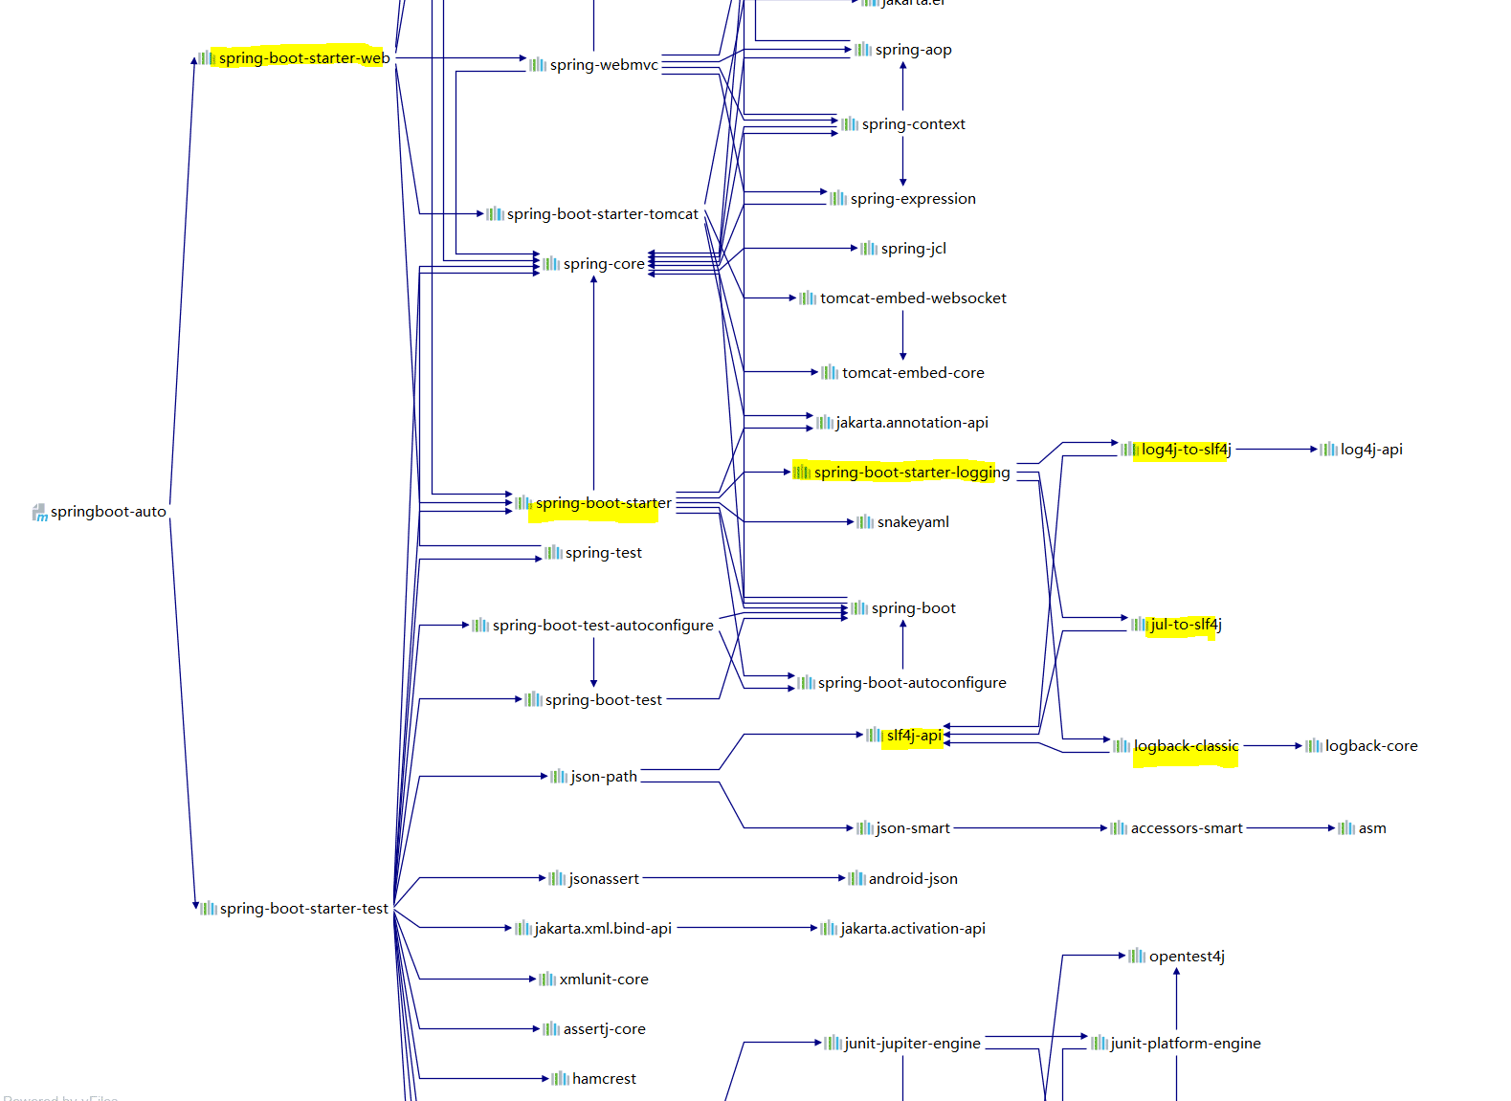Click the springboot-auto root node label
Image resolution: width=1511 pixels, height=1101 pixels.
point(107,512)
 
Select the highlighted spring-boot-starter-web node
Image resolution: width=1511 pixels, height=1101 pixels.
point(303,58)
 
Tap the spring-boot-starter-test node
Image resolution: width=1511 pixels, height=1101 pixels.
point(303,909)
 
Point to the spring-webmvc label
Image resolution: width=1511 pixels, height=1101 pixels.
point(604,65)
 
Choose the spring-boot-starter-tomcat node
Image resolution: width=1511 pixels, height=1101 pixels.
point(602,214)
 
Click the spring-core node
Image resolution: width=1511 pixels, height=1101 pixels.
point(603,264)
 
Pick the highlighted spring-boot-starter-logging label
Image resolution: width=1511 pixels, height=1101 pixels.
point(911,473)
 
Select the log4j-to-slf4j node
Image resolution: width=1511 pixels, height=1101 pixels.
point(1186,450)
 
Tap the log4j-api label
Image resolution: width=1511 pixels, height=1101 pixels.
point(1370,450)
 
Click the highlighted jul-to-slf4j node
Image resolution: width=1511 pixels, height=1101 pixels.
point(1186,625)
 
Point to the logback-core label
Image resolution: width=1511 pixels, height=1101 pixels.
point(1370,746)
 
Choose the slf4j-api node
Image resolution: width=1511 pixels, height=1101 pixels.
point(913,736)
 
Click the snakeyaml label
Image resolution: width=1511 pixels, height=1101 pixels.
point(913,522)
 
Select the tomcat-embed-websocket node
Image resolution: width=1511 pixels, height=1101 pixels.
point(912,298)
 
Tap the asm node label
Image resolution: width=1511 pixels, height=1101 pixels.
point(1372,828)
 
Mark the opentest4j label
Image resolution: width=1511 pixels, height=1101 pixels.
point(1187,957)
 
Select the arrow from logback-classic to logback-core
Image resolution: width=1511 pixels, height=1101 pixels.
point(1272,746)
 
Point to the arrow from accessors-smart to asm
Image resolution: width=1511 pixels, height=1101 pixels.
point(1291,828)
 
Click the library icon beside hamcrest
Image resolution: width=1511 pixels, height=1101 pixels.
point(561,1079)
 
